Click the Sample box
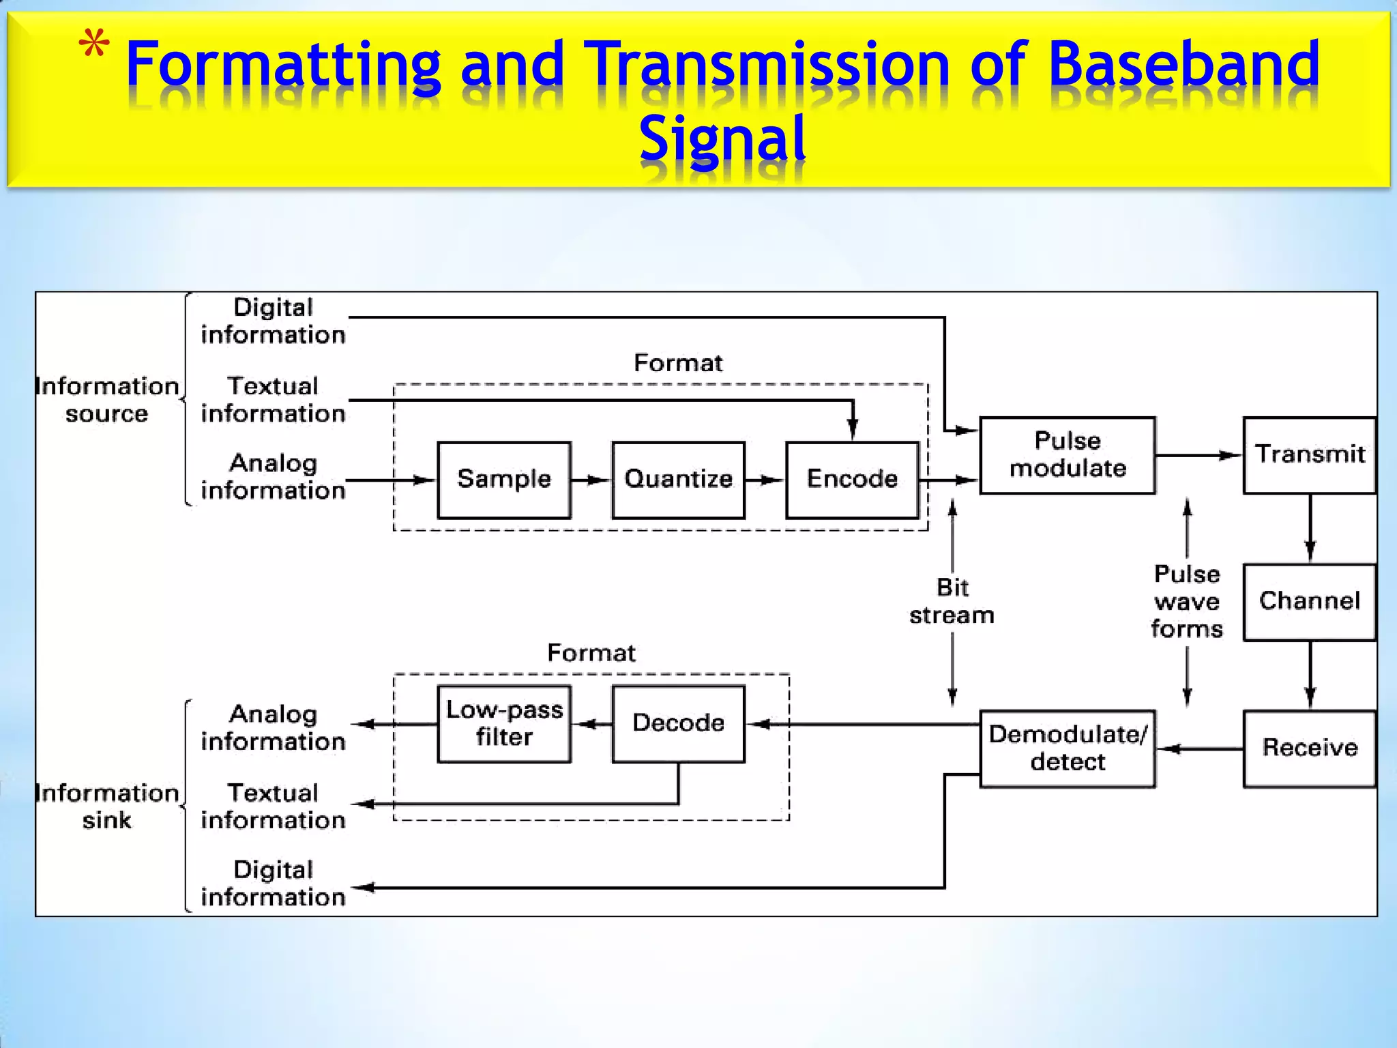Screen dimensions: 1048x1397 (x=504, y=480)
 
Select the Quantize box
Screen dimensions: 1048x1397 (x=678, y=480)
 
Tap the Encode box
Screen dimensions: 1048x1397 (x=852, y=480)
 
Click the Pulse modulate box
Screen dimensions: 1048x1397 (x=1068, y=455)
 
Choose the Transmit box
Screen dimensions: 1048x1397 (x=1309, y=455)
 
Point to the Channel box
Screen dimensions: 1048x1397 (x=1309, y=602)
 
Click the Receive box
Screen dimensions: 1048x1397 (x=1309, y=748)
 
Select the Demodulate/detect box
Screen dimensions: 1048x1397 (x=1068, y=748)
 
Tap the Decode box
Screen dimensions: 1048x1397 (x=678, y=724)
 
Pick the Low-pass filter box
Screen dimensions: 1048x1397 (x=504, y=724)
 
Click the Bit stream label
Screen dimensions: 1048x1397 (x=952, y=602)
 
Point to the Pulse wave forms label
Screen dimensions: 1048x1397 (x=1187, y=602)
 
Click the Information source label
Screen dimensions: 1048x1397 (x=107, y=400)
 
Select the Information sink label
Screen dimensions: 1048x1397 (x=107, y=806)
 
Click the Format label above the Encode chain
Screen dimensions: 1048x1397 (x=678, y=363)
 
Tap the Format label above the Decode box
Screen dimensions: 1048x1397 (x=591, y=653)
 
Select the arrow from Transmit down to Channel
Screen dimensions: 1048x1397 (x=1310, y=529)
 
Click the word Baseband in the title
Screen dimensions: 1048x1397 (x=1183, y=65)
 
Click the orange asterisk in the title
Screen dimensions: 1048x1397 (x=94, y=46)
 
